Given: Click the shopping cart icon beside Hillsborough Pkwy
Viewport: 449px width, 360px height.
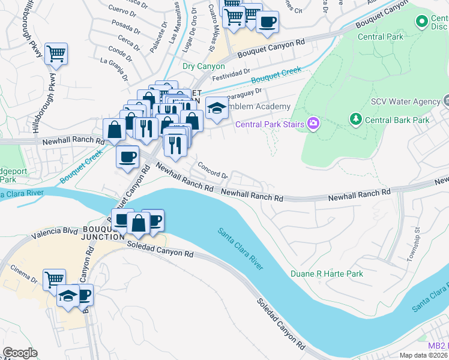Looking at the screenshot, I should tap(56, 54).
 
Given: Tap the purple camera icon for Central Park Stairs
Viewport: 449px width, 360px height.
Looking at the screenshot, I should tap(313, 124).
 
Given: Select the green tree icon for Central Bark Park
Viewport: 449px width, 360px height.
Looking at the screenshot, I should tap(356, 120).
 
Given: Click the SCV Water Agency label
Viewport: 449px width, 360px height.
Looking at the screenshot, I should tap(405, 102).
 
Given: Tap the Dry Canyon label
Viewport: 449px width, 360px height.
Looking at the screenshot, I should tap(204, 67).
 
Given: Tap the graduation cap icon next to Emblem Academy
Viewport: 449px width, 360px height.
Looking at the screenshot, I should tap(217, 108).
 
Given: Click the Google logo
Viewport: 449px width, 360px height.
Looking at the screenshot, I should tap(20, 353).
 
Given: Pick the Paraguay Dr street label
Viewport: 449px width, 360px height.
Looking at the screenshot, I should tap(247, 92).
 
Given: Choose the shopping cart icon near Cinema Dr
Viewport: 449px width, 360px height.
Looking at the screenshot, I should tap(55, 279).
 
